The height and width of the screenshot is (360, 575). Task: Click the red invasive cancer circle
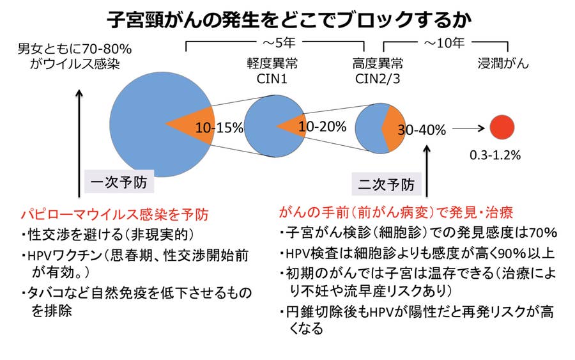502,127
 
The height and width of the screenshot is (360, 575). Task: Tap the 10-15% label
219,128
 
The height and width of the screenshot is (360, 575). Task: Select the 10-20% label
323,127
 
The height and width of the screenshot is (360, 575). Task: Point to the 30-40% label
422,130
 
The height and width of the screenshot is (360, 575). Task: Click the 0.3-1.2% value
495,155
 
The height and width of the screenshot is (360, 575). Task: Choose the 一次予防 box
119,182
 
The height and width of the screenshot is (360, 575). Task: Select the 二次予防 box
387,184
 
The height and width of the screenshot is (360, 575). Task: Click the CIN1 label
272,79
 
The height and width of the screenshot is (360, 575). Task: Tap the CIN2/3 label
378,79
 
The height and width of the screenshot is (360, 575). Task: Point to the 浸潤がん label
503,63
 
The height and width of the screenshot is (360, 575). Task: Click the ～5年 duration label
279,43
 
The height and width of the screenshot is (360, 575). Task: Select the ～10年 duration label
444,43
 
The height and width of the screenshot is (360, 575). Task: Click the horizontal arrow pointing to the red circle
468,129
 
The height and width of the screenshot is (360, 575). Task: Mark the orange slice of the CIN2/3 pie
394,129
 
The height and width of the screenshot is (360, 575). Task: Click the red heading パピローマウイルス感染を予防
114,214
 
